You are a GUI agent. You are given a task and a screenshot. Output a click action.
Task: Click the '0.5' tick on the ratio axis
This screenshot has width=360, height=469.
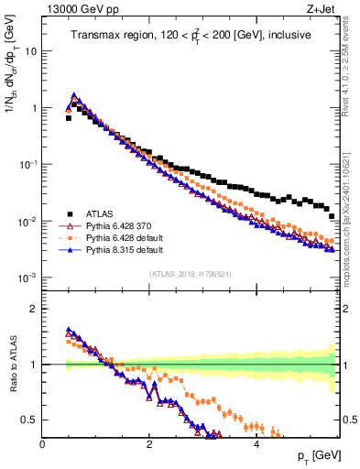tap(29, 420)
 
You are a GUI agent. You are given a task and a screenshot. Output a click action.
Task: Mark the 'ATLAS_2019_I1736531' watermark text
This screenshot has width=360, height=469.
tap(190, 274)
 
